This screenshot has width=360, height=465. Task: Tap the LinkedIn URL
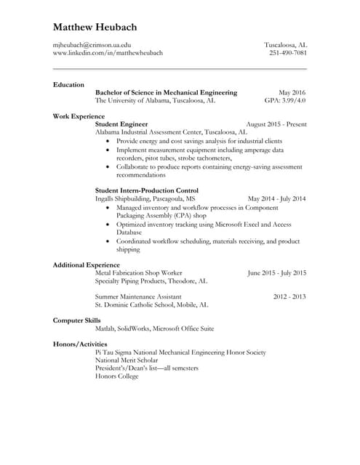108,53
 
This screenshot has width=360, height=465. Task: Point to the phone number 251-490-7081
288,53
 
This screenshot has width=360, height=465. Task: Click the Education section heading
68,84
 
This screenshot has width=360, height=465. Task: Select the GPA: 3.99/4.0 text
285,101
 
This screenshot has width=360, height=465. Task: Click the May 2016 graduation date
292,92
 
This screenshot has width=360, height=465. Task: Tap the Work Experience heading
79,116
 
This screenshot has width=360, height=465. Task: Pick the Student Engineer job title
121,124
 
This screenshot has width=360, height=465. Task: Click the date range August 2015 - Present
276,124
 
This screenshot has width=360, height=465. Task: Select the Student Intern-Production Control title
147,190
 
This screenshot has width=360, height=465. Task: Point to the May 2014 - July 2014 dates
277,198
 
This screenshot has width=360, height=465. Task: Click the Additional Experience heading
87,264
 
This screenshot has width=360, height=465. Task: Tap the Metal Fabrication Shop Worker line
139,272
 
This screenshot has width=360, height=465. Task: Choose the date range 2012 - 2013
289,296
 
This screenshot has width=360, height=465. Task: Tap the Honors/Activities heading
80,344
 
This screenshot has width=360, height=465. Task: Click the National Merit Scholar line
127,360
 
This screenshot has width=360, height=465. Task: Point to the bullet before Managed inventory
108,207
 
